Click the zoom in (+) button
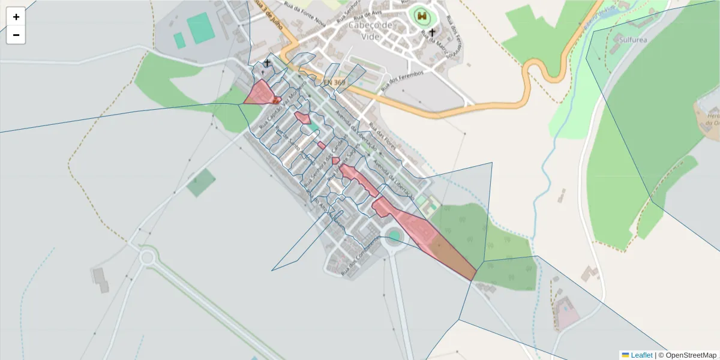(16, 17)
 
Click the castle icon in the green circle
(422, 16)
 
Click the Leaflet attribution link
(641, 355)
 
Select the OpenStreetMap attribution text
(688, 355)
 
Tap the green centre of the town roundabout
(394, 236)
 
